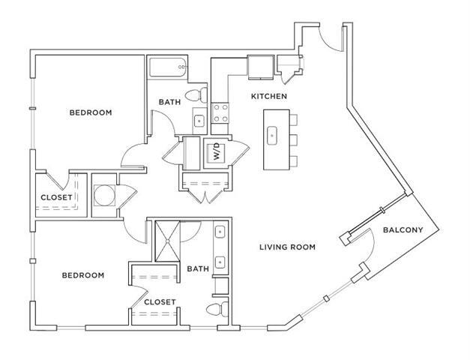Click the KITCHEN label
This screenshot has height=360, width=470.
[269, 97]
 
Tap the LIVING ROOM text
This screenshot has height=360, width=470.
[287, 247]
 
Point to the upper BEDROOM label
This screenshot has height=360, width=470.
[90, 112]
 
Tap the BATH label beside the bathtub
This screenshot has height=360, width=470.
[169, 102]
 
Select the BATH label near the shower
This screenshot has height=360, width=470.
[197, 268]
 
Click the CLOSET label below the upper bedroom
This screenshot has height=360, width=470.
[56, 198]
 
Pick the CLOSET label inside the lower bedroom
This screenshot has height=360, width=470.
[158, 302]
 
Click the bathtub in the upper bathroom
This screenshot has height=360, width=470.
[166, 69]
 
